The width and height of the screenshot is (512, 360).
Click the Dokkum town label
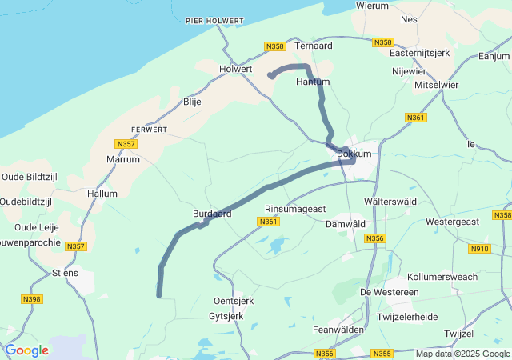click(x=354, y=153)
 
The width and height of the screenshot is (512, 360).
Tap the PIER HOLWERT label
click(x=215, y=20)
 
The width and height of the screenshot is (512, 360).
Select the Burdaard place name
click(x=212, y=214)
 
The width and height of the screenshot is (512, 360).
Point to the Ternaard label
click(x=314, y=46)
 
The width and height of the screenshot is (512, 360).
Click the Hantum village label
click(x=312, y=82)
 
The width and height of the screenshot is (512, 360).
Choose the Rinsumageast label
click(x=295, y=209)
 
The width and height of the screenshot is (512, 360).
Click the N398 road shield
click(x=33, y=299)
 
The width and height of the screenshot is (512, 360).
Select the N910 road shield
click(x=480, y=249)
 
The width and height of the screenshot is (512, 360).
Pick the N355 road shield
click(x=382, y=353)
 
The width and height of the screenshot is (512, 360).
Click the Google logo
click(x=26, y=350)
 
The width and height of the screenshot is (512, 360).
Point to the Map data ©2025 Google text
click(x=462, y=354)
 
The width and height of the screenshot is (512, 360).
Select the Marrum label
click(x=123, y=159)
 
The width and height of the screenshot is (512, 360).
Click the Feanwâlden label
click(x=338, y=329)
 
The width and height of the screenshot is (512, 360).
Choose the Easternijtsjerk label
click(x=420, y=53)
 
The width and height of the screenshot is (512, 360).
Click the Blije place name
click(x=192, y=102)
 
